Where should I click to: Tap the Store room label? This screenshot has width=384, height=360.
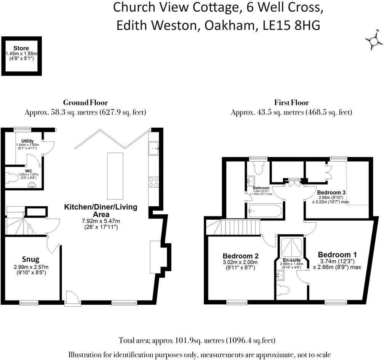click(x=21, y=48)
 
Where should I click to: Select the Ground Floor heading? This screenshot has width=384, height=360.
click(x=85, y=103)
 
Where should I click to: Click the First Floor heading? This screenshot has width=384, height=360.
click(x=291, y=103)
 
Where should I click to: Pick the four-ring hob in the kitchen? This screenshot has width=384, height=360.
click(x=154, y=182)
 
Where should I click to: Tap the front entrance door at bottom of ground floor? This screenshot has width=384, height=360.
click(x=72, y=299)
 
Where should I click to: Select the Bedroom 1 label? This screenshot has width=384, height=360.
click(x=337, y=254)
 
